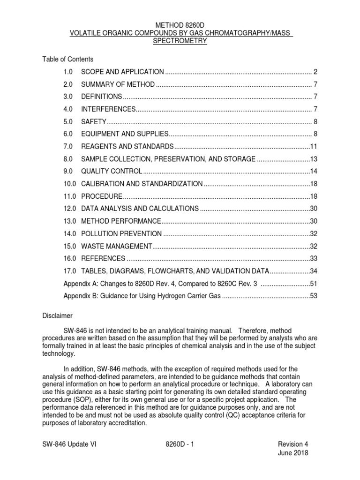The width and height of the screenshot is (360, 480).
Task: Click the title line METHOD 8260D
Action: (x=180, y=24)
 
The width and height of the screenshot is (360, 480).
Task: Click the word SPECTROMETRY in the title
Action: (x=180, y=41)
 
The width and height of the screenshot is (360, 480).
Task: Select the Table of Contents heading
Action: (x=68, y=59)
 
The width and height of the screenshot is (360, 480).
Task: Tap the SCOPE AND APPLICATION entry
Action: (x=122, y=72)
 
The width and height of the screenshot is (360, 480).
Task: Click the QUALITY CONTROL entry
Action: (x=112, y=171)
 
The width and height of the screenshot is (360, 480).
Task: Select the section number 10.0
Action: (x=70, y=183)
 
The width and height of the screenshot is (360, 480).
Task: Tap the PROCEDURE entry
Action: (x=102, y=196)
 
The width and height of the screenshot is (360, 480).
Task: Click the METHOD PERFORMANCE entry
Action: (x=121, y=221)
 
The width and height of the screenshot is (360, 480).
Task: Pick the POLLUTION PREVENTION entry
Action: (x=122, y=233)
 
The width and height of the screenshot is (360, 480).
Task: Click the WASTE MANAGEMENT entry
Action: (x=117, y=246)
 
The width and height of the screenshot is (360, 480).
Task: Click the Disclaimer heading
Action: (x=57, y=316)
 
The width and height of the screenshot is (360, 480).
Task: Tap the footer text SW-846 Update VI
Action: (x=70, y=444)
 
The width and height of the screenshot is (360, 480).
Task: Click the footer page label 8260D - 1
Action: (x=180, y=444)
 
